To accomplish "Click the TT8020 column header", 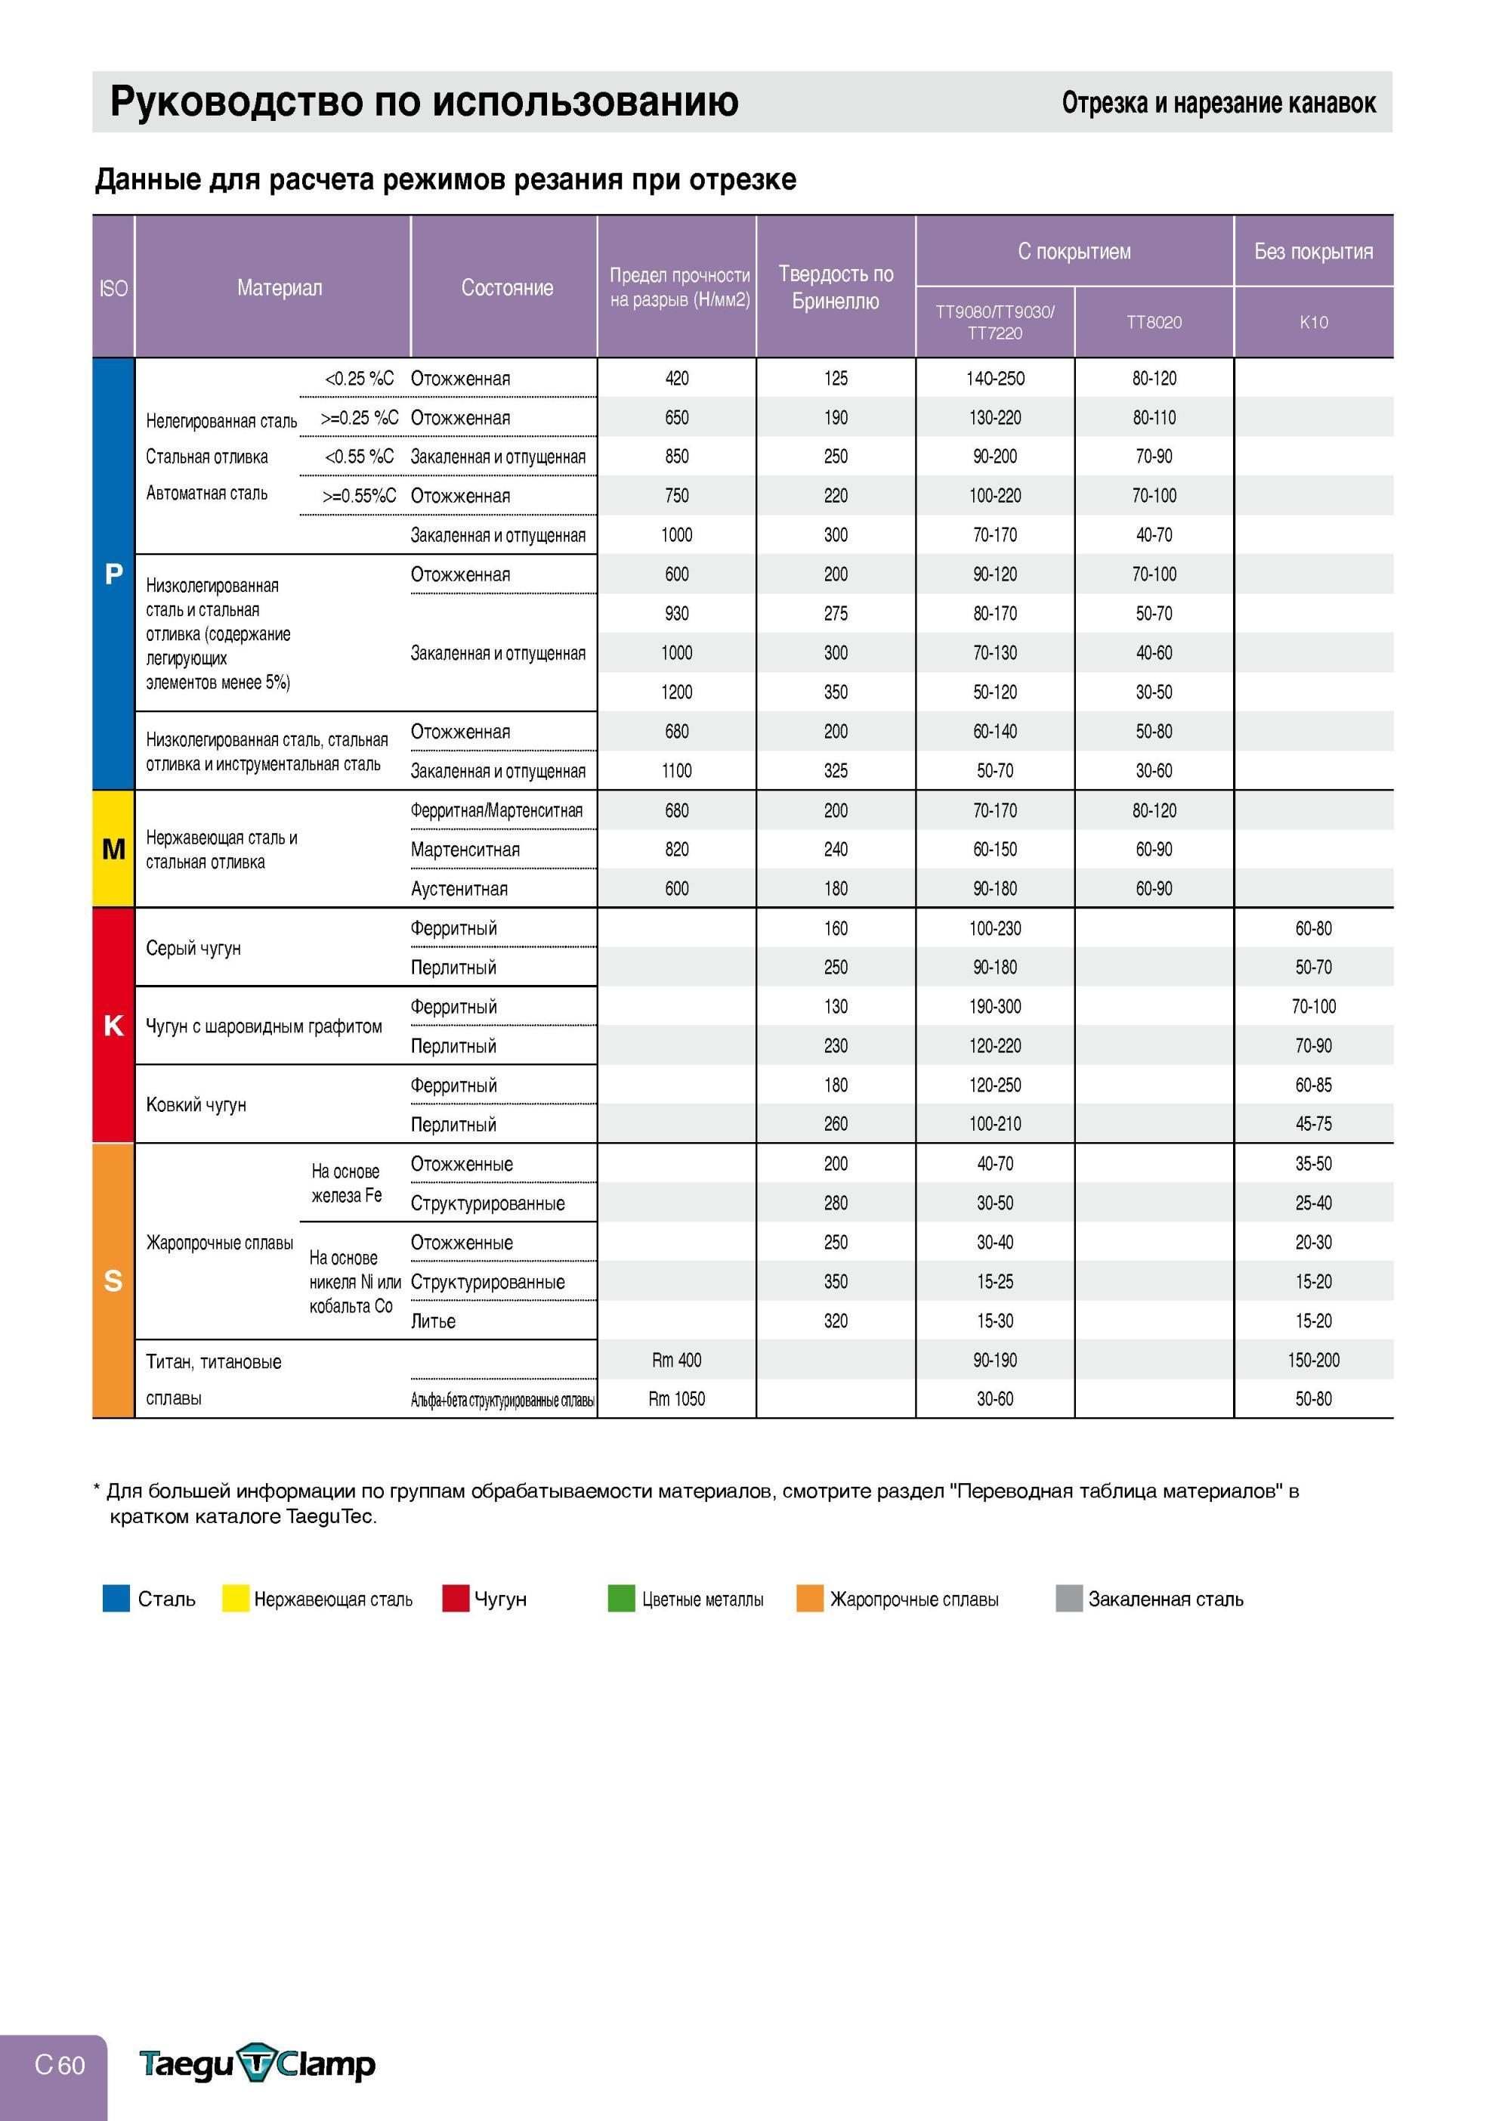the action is tap(1154, 323).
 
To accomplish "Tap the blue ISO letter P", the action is tap(113, 574).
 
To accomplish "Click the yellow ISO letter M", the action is tap(113, 849).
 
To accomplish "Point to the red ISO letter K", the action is tap(113, 1026).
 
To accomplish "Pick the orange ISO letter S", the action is tap(113, 1280).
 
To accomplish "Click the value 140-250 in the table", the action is tap(995, 379).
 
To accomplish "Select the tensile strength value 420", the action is tap(677, 379).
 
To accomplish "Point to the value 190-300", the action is tap(995, 1006).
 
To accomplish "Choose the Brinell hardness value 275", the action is tap(836, 613).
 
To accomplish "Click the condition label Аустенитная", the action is tap(459, 889).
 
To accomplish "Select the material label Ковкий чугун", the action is tap(196, 1105).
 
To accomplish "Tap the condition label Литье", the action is tap(433, 1321).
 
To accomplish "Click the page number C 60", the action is tap(60, 2064).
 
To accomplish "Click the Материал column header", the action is tap(280, 287).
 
